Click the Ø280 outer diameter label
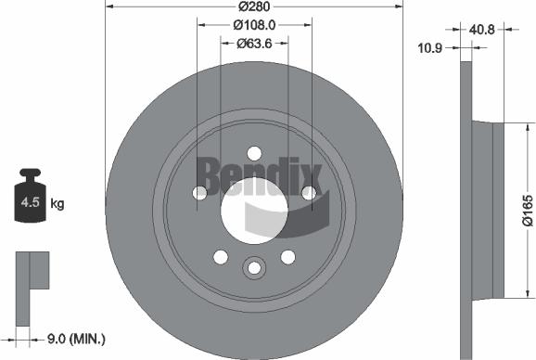tap(253, 6)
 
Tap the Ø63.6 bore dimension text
tap(253, 43)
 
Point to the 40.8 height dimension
tap(482, 30)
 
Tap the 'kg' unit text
tap(57, 202)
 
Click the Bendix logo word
tap(258, 172)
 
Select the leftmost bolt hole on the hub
tap(199, 194)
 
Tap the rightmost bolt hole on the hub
tap(309, 193)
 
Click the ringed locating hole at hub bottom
tap(253, 268)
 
